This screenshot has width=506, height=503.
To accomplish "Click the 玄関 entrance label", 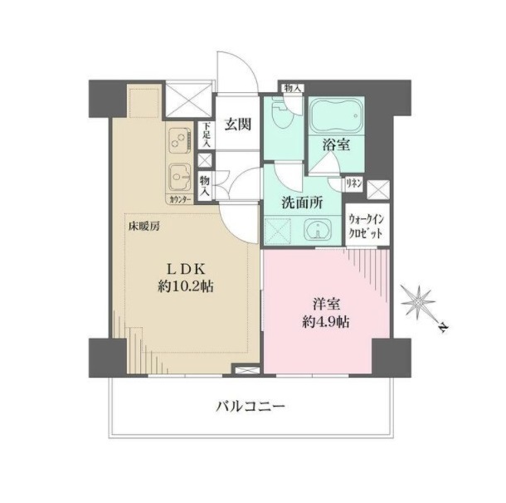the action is [238, 125].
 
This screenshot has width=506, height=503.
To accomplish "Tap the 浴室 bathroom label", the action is [336, 145].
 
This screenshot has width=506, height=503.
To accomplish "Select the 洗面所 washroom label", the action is [302, 203].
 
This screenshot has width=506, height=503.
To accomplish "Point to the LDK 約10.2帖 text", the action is [186, 277].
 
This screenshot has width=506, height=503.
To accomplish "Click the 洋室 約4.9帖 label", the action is [326, 313].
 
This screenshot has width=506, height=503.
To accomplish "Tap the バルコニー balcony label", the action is [251, 406].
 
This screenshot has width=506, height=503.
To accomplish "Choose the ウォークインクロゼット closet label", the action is [367, 226].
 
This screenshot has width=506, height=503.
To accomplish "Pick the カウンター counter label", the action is [180, 200].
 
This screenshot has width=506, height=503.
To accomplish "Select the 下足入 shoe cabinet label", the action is [207, 135].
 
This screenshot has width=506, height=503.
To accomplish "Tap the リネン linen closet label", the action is [354, 184].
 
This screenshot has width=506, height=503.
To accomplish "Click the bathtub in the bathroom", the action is [337, 115].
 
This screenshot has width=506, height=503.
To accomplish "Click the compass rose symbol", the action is [418, 302].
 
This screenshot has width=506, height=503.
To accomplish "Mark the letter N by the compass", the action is [444, 328].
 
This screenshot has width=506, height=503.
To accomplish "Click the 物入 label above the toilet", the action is [293, 88].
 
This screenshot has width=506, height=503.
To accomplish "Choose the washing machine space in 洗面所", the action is [278, 230].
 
